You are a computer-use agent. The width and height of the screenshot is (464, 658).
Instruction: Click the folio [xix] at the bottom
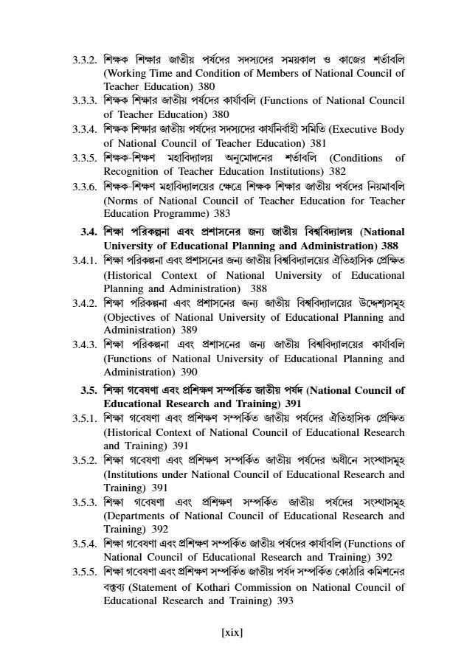click(232, 632)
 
